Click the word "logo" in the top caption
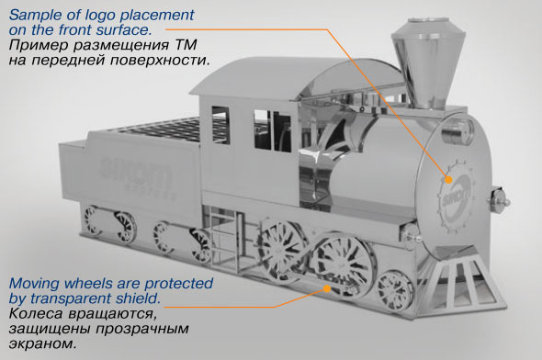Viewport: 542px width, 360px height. [97, 16]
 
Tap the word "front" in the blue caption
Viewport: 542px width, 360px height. [75, 30]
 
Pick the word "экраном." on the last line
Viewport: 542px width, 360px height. [42, 343]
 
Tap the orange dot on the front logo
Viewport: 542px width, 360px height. [448, 180]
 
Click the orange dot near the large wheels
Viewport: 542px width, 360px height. [327, 288]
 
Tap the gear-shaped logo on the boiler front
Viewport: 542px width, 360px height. [456, 197]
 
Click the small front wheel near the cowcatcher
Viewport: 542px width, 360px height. [395, 291]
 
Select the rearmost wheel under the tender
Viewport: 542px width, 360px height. [91, 220]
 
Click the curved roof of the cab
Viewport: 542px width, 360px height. [298, 78]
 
